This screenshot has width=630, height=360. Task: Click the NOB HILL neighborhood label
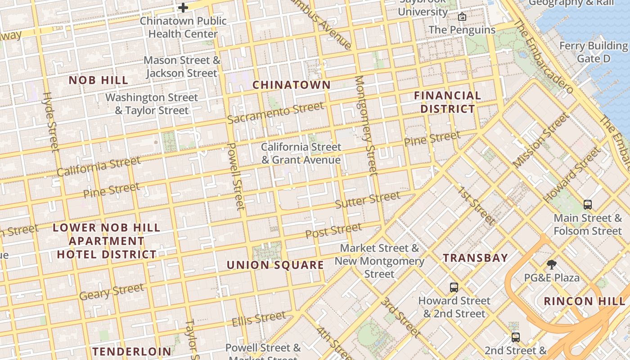point(98,80)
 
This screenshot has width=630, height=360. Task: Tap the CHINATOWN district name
point(291,85)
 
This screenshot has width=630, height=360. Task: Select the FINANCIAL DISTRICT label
point(447,102)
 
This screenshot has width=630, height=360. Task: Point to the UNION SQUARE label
point(275,265)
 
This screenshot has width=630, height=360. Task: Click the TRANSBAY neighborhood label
point(475,258)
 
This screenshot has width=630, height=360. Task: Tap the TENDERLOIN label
point(132,351)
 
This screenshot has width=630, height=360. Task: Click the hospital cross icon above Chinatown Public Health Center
point(183,8)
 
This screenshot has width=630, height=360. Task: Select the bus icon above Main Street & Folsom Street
point(587,205)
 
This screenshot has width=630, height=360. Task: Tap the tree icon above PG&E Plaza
point(551,264)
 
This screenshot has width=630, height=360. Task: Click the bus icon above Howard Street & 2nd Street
point(454,287)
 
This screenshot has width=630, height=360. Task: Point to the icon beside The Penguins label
point(462,17)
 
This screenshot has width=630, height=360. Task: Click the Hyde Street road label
point(51,121)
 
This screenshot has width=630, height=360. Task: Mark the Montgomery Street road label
point(366,125)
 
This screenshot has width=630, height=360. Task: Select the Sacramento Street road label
point(275,113)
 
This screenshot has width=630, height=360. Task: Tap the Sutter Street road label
point(368,200)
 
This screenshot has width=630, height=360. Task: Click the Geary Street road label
point(112,291)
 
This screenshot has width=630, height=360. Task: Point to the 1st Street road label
point(476,205)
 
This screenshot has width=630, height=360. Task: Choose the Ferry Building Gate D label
point(593,52)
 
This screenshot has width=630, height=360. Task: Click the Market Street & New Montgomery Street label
point(379,261)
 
